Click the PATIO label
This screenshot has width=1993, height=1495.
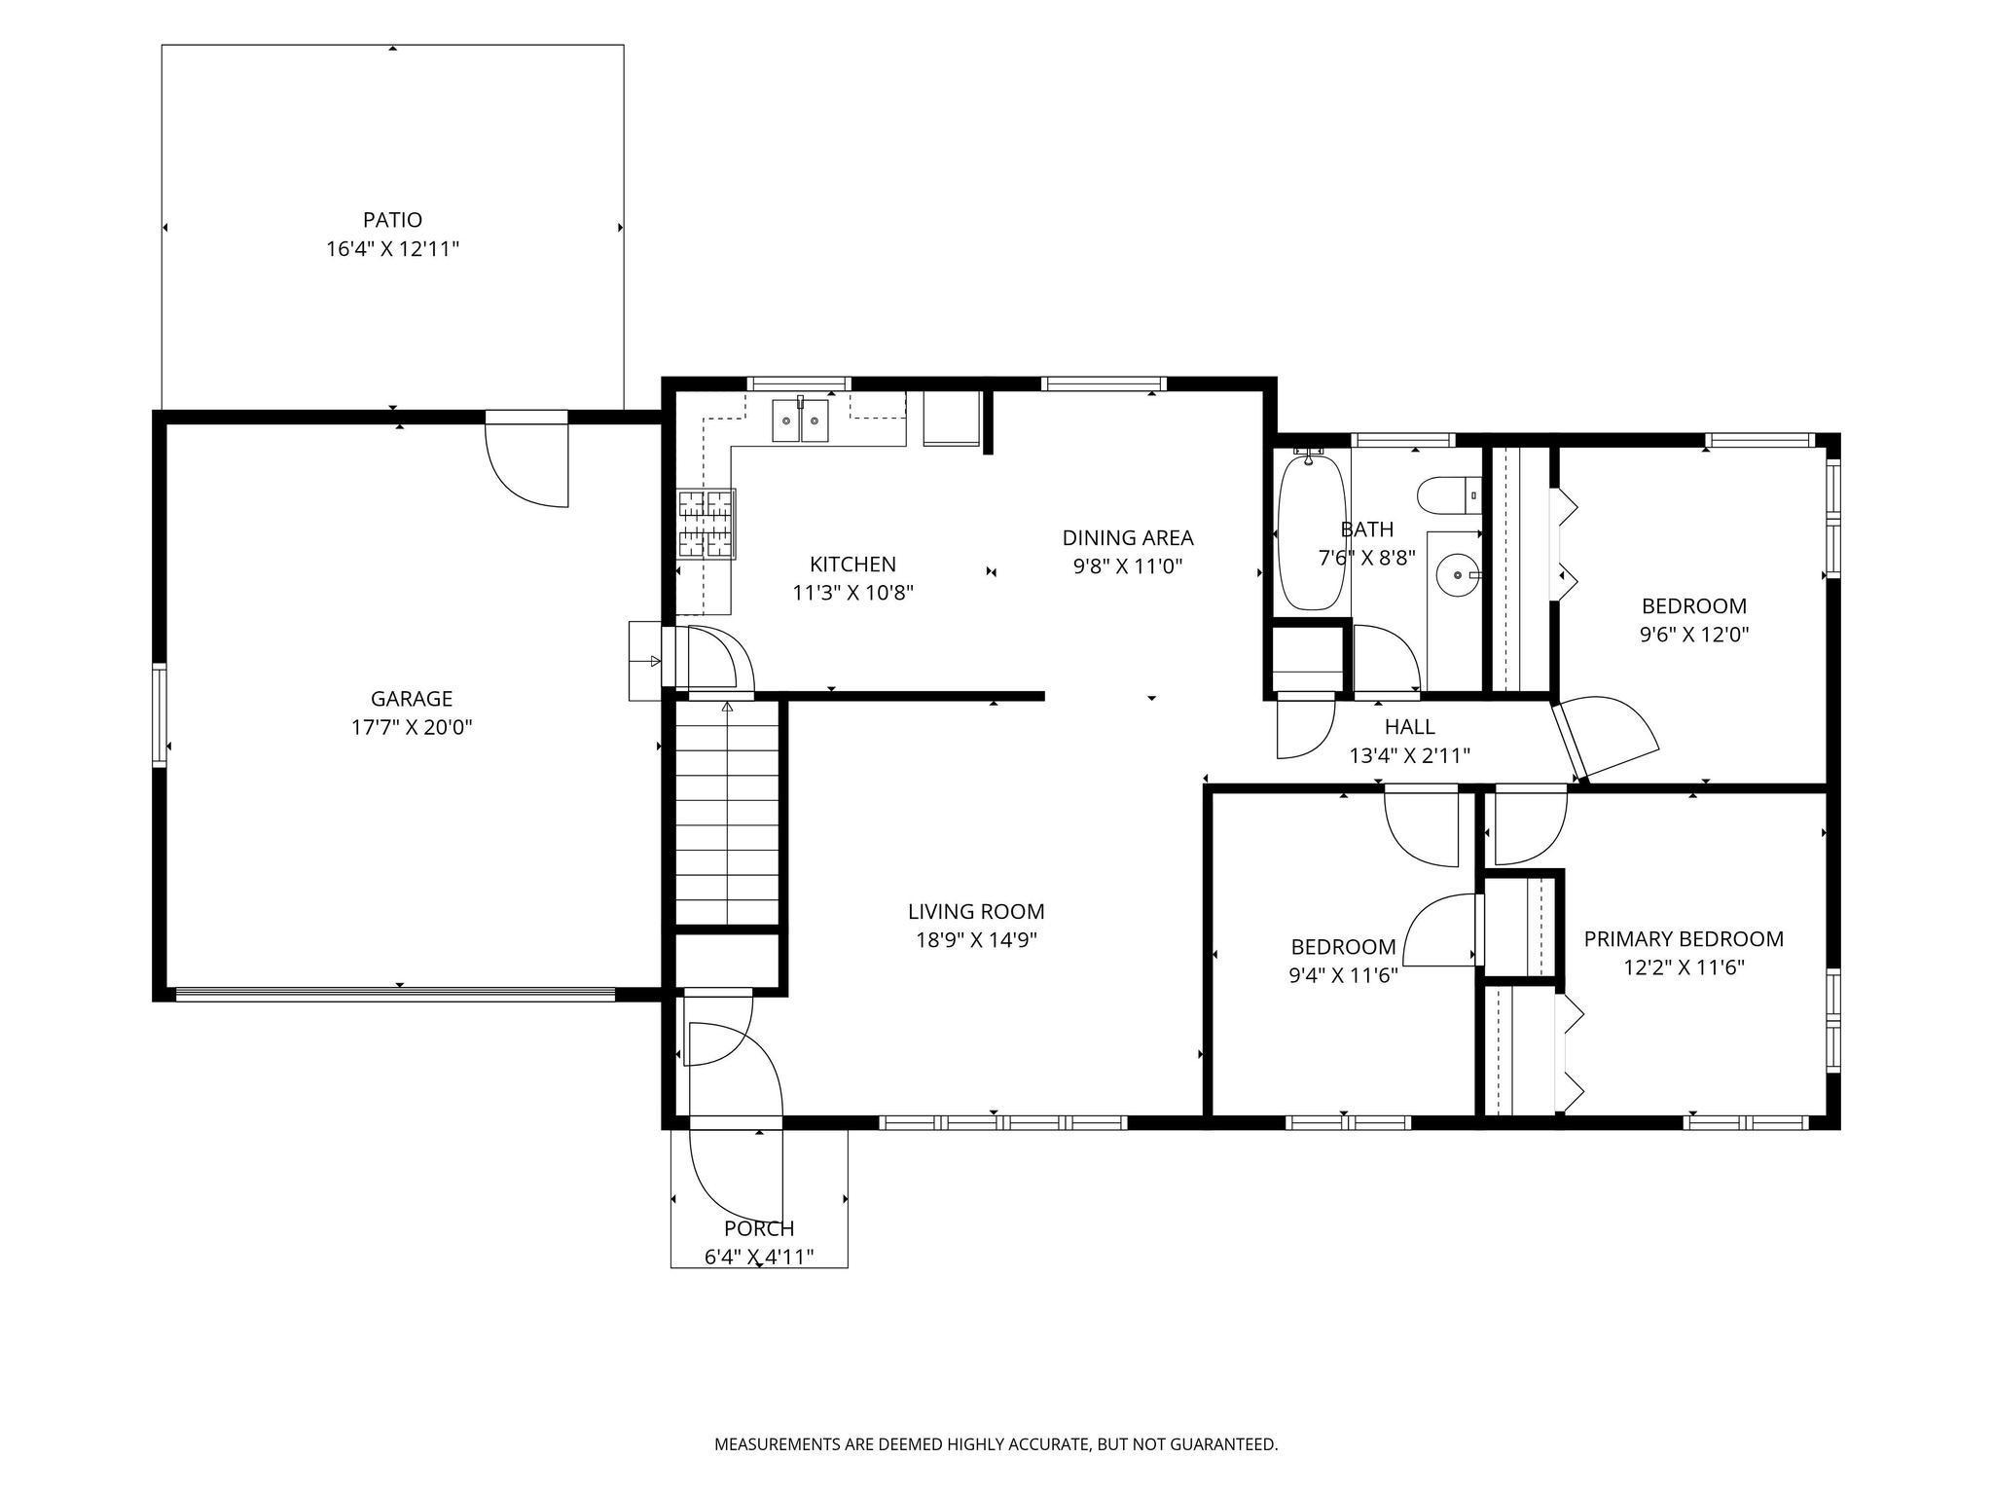(x=392, y=220)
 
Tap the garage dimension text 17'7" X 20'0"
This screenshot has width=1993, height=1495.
(x=412, y=727)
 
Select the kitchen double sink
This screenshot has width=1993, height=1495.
(x=801, y=420)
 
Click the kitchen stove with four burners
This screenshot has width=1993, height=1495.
(x=707, y=524)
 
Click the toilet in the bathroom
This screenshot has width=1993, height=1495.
(x=1449, y=495)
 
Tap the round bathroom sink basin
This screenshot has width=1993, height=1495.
(x=1457, y=574)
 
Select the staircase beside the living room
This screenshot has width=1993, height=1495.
(x=727, y=813)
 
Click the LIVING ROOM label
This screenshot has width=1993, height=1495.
(x=976, y=912)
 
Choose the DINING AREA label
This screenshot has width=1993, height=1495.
(x=1128, y=537)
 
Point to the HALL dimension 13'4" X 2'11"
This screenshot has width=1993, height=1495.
(x=1409, y=755)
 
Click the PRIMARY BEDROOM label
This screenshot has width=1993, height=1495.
(x=1684, y=939)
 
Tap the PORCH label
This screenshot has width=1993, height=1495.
(x=759, y=1228)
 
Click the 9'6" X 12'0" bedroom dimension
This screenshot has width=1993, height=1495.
(x=1694, y=635)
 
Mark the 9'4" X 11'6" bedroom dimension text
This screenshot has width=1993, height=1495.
(x=1343, y=975)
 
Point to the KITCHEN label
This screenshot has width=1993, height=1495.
(x=852, y=565)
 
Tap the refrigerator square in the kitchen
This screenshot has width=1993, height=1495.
(x=951, y=419)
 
